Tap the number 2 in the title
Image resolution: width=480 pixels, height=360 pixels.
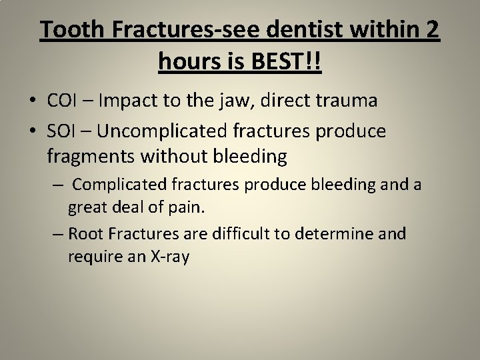point(431,31)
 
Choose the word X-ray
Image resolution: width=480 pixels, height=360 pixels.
point(167,257)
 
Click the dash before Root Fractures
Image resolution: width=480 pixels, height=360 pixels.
point(57,234)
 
